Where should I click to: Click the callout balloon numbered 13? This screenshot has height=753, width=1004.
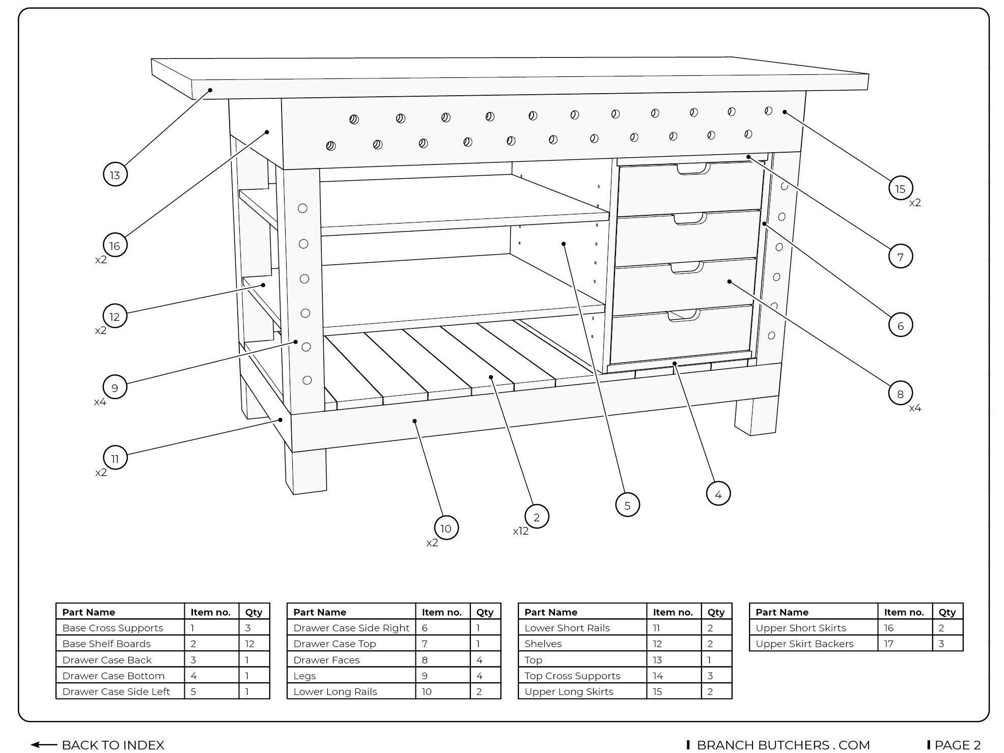point(115,175)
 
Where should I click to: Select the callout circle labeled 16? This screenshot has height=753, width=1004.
point(115,245)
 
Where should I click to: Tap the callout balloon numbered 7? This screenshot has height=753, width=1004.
point(900,257)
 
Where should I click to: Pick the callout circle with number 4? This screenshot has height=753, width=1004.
point(718,494)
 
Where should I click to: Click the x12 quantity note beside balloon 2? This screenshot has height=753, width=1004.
point(520,531)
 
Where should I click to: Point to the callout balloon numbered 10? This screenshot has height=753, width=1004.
point(446,528)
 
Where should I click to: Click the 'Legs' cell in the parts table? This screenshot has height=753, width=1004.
point(304,676)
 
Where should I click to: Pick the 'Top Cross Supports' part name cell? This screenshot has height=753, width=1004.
point(572,676)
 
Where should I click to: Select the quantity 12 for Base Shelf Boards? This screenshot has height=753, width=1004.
point(249,644)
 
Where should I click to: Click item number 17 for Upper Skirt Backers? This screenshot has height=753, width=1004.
point(888,644)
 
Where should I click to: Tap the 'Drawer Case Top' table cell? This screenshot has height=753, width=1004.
point(334,644)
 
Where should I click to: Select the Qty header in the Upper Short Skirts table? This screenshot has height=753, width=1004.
point(947,612)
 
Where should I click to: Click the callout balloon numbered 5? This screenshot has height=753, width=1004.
point(627,505)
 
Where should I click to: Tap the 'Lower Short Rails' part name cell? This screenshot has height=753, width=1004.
point(567,628)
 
